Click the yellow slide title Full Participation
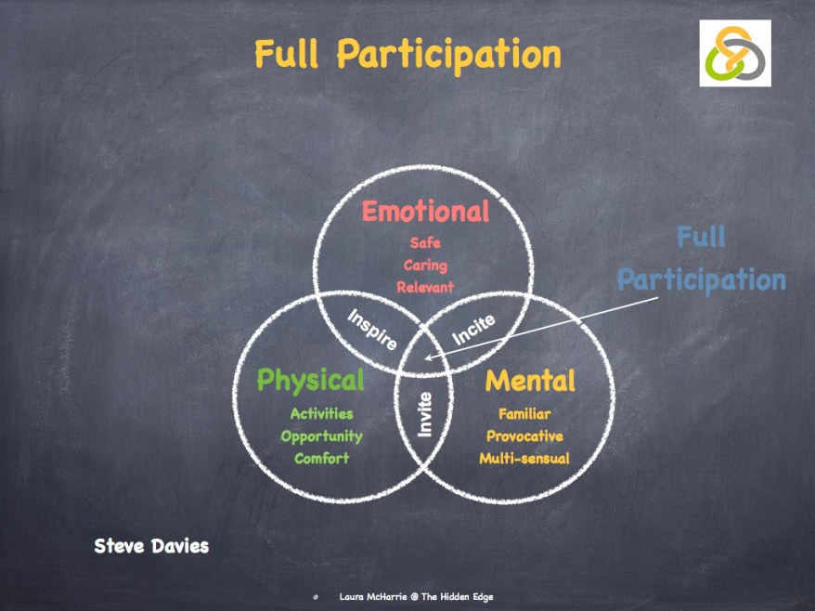pos(407,55)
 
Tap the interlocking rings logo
pos(735,54)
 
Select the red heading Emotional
pos(425,212)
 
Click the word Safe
pos(425,243)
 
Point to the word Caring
pos(425,266)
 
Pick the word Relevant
pos(425,288)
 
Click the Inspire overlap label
pos(372,330)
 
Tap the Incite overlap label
pos(473,330)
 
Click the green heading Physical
pos(310,380)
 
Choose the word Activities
pos(321,414)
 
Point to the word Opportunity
pos(321,436)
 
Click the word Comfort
pos(321,459)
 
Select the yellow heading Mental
pos(530,380)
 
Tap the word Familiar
pos(524,414)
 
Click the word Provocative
pos(524,436)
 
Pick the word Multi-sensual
pos(524,459)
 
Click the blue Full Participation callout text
pos(702,259)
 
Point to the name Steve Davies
pos(151,546)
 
